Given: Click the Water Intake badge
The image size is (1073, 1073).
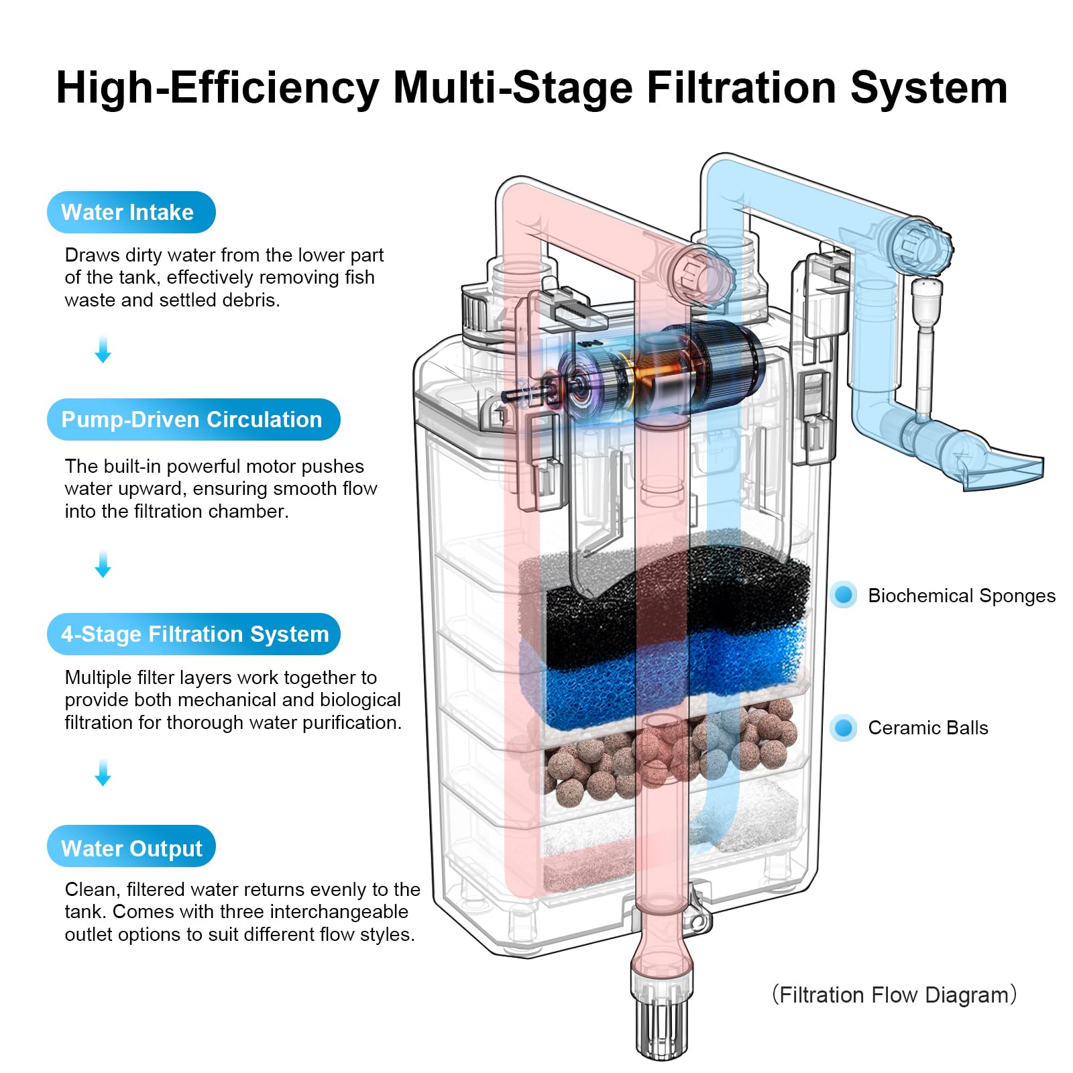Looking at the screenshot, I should tap(131, 213).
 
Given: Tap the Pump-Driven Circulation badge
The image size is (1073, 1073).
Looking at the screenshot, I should tap(193, 420).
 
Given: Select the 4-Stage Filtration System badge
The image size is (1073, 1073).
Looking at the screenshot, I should tap(194, 634).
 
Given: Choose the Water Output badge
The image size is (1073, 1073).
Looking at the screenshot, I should tap(131, 848).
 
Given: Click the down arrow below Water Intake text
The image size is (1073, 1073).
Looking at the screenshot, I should tap(103, 350).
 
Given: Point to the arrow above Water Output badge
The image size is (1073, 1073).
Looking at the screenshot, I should tap(103, 773).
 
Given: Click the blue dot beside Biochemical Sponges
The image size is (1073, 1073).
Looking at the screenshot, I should tap(844, 595).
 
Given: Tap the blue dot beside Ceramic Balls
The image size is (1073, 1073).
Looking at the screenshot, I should tap(844, 728).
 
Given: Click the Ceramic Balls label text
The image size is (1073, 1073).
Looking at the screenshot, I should tap(927, 728).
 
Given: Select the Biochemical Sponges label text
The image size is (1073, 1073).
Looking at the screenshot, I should tap(961, 596).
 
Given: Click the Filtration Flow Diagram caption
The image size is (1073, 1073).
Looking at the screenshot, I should tap(894, 995).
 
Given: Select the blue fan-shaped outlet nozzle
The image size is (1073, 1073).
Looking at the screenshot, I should tap(999, 469).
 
